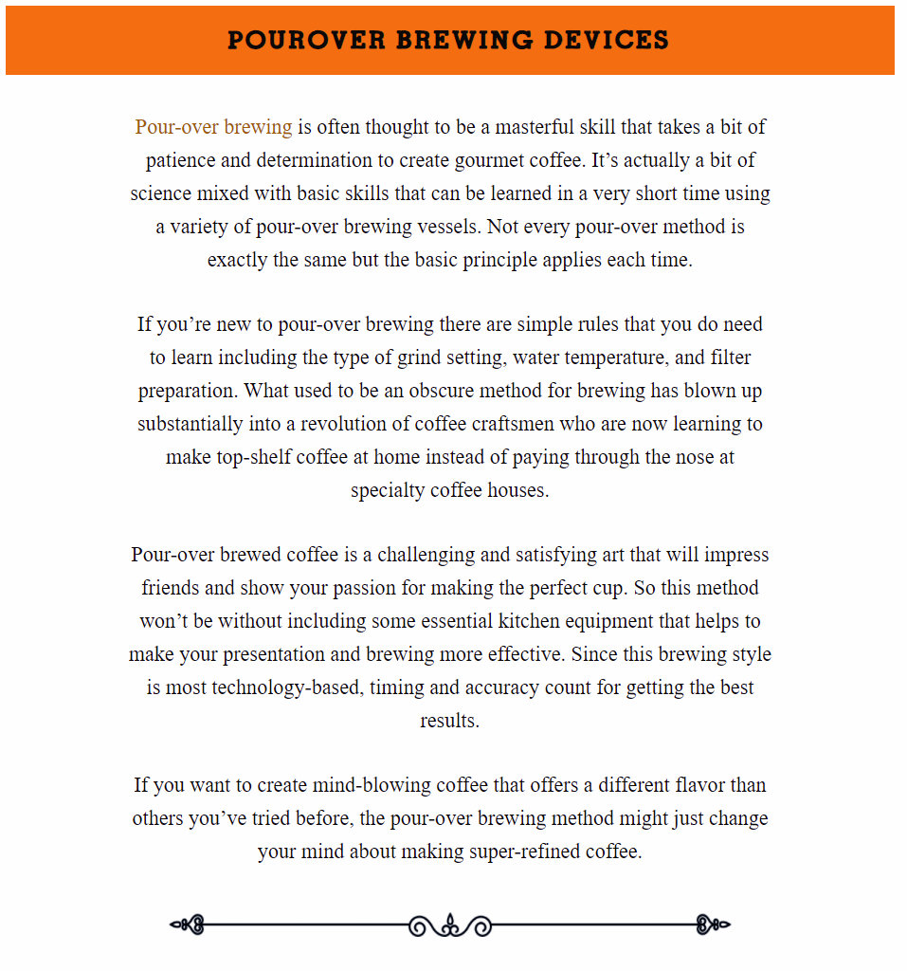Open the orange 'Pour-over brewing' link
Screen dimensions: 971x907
tap(213, 127)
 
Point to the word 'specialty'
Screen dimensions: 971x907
tap(387, 490)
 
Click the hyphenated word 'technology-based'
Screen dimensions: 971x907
tap(281, 687)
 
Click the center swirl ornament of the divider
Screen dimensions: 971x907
tap(450, 925)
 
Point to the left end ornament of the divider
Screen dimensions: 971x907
tap(188, 925)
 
